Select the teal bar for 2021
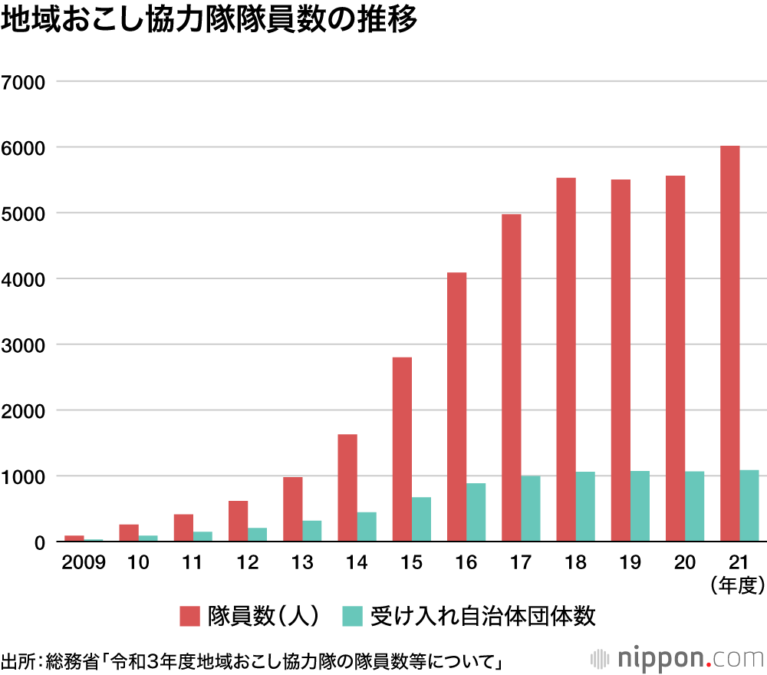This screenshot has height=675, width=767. (x=749, y=506)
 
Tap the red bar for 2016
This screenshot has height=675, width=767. (x=456, y=407)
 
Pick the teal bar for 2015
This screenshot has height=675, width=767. (x=421, y=519)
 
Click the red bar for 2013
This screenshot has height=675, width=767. (x=292, y=509)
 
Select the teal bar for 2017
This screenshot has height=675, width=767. (x=531, y=509)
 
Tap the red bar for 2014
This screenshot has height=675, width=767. (x=347, y=488)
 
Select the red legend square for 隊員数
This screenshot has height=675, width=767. (x=189, y=616)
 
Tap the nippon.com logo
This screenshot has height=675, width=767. (x=679, y=657)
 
